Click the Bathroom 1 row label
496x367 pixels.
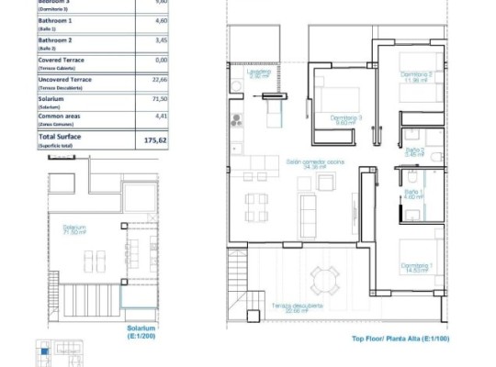tap(54, 21)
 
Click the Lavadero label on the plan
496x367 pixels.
tap(258, 74)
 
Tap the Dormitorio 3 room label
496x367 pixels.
tap(346, 119)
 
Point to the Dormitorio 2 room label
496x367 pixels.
tap(416, 76)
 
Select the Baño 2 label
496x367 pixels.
tap(414, 151)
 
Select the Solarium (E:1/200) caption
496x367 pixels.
tap(142, 331)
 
